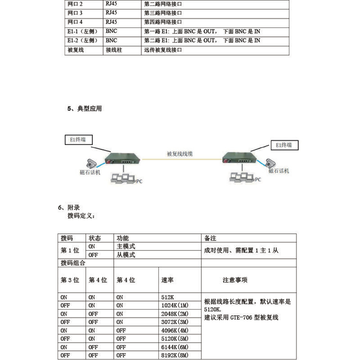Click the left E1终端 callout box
click(x=78, y=140)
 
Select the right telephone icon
click(x=271, y=163)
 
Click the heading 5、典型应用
click(x=84, y=109)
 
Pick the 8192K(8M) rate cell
click(x=176, y=356)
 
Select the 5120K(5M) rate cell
click(x=176, y=338)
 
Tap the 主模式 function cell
click(x=126, y=246)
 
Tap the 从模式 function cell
click(x=126, y=255)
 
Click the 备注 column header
click(x=211, y=238)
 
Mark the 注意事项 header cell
click(x=235, y=280)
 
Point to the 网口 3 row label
click(x=75, y=12)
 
